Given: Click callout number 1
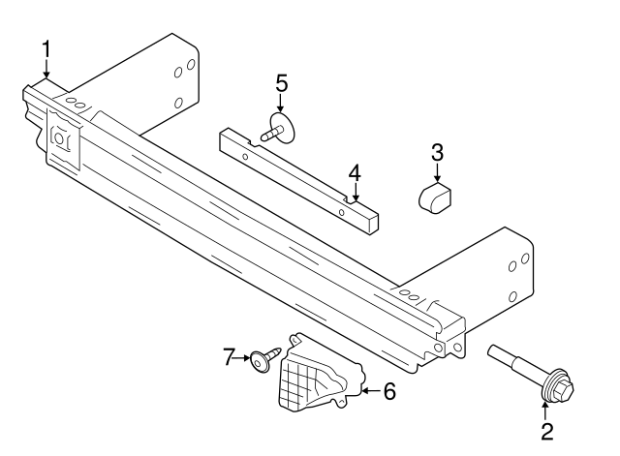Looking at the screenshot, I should tap(46, 48).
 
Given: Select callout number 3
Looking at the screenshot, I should tap(437, 152).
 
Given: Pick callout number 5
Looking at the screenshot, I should tap(281, 84).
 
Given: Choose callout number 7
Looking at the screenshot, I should tap(230, 357).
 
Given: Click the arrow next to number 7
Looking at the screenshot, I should tap(243, 357).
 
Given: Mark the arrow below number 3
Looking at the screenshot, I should tap(437, 173).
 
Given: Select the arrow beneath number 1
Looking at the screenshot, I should tap(46, 71).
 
